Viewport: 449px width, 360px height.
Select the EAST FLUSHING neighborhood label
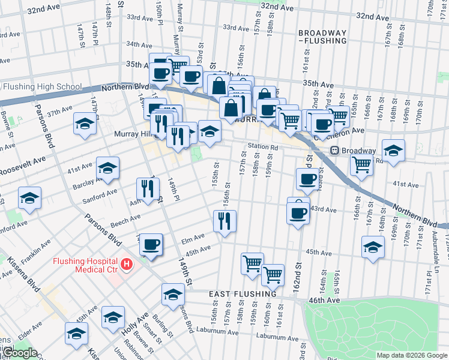(243, 294)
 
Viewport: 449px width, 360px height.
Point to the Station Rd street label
(264, 147)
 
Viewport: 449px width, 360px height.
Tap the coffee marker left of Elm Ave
(151, 245)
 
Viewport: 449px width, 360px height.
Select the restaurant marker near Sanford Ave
(147, 189)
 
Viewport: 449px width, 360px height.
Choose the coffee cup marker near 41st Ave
(307, 178)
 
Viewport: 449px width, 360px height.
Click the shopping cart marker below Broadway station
(361, 163)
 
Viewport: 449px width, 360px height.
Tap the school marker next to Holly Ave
(113, 317)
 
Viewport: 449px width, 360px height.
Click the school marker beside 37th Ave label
(85, 124)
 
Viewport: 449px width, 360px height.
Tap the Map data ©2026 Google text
(412, 355)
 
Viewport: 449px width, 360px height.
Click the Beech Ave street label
(125, 222)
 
